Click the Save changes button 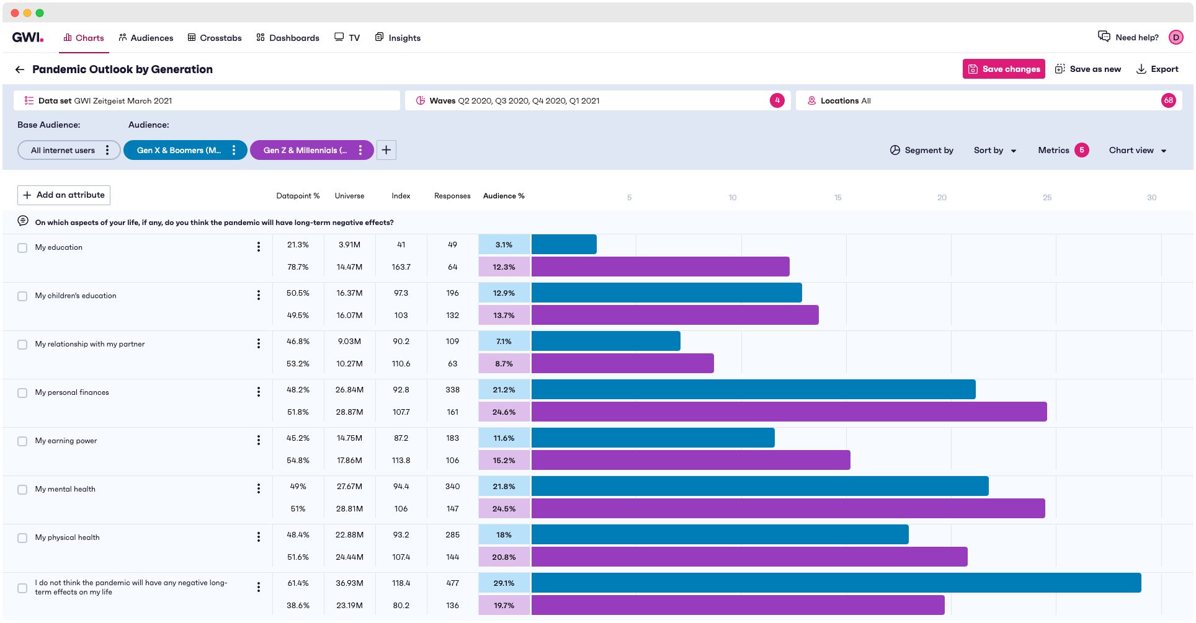point(1003,69)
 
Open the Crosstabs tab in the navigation point(215,38)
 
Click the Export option point(1157,69)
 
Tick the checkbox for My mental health point(22,489)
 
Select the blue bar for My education point(563,244)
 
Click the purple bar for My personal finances point(788,412)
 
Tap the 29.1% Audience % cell point(504,583)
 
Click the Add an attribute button point(64,195)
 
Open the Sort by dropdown point(994,150)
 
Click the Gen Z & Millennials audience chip point(305,150)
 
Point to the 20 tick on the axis point(942,197)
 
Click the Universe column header point(349,196)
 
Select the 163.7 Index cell point(401,267)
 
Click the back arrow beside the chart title point(20,69)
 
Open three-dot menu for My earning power point(258,440)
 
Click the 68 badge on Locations point(1168,100)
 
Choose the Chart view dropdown point(1137,150)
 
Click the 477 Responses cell point(452,583)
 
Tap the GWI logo point(28,37)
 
